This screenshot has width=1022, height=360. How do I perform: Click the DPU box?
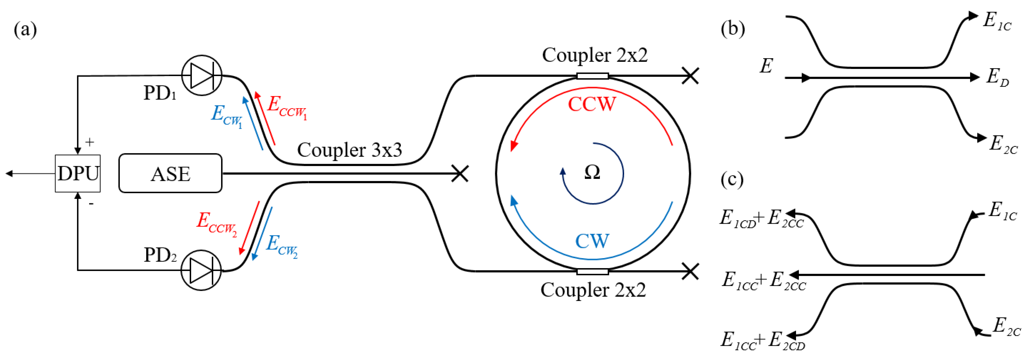point(78,174)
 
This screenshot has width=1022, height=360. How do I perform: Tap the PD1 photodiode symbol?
point(202,75)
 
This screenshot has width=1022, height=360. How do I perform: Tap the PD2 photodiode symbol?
point(201,270)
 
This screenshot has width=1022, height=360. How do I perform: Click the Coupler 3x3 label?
point(349,150)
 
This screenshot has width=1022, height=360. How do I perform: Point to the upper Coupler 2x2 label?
point(595,55)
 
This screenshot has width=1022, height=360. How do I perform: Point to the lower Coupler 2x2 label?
point(593,290)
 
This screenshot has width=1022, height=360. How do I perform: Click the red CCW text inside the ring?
point(592,104)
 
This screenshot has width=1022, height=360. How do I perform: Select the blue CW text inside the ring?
point(592,241)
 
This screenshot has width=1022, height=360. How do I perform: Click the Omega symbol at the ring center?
point(592,173)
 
